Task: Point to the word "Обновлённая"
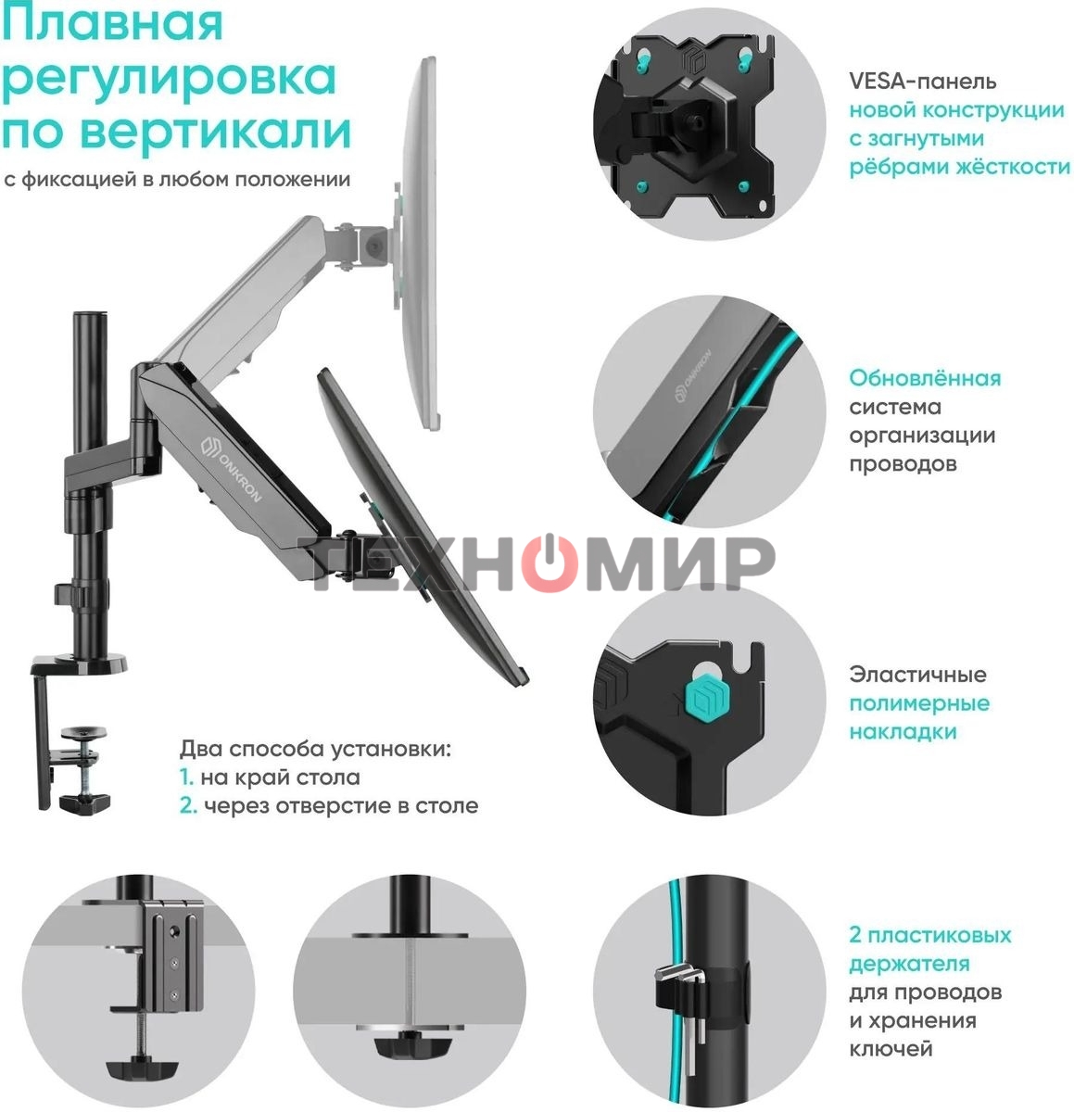pyautogui.click(x=925, y=378)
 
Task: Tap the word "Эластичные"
pyautogui.click(x=917, y=675)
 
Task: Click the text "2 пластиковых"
pyautogui.click(x=929, y=935)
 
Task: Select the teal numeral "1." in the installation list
pyautogui.click(x=186, y=777)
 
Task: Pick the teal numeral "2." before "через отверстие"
pyautogui.click(x=188, y=805)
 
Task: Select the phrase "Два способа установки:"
pyautogui.click(x=315, y=749)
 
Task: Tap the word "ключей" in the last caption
pyautogui.click(x=891, y=1049)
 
